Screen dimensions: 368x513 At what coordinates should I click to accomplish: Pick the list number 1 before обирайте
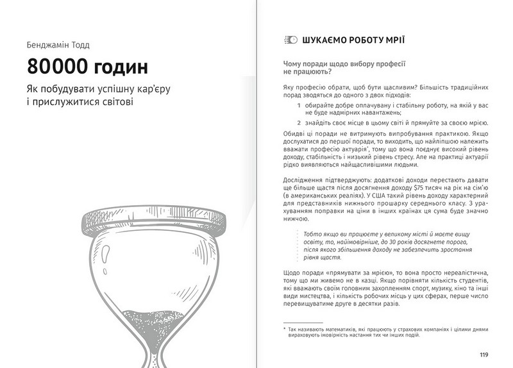coord(299,105)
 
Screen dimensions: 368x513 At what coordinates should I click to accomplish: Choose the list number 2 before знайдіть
coord(299,122)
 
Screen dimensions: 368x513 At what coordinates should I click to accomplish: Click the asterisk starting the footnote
coord(285,329)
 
